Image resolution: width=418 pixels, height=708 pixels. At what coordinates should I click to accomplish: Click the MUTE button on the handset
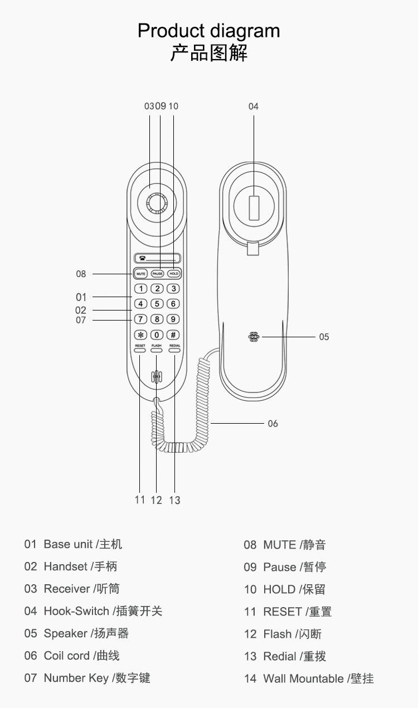[140, 274]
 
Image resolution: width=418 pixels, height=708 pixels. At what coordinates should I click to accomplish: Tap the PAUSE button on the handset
[157, 274]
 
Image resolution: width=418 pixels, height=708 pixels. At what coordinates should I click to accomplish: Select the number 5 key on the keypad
[157, 304]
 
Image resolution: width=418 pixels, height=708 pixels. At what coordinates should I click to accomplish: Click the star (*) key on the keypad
[140, 335]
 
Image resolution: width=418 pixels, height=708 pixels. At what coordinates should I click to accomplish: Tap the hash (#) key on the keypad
[173, 335]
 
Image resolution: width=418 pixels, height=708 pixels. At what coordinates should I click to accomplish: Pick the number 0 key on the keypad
[157, 335]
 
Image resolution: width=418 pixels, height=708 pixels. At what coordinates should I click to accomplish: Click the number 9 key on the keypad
[173, 319]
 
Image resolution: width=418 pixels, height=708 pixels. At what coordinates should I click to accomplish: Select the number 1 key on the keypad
[140, 289]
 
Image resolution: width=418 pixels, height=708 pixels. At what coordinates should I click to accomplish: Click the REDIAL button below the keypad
[174, 350]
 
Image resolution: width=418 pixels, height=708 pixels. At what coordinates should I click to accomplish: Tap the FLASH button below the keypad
[157, 350]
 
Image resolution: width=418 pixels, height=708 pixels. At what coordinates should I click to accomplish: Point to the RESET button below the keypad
[140, 350]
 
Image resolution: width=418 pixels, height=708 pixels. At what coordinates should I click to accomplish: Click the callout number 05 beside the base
[324, 337]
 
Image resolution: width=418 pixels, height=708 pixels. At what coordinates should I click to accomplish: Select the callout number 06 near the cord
[273, 424]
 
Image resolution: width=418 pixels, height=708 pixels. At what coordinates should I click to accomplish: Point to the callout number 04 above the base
[254, 106]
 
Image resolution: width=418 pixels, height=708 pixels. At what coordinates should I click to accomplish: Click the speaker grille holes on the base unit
[254, 337]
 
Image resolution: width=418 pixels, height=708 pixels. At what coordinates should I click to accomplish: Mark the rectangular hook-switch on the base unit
[254, 208]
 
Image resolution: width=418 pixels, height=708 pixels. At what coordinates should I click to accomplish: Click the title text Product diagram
[209, 30]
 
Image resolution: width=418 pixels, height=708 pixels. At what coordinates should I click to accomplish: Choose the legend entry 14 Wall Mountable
[309, 678]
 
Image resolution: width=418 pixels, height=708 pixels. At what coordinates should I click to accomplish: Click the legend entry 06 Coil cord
[72, 656]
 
